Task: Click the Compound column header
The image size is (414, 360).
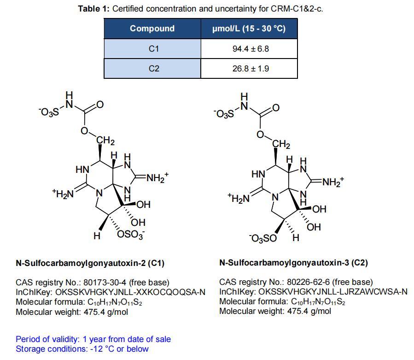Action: [152, 29]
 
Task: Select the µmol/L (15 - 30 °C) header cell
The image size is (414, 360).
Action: [249, 29]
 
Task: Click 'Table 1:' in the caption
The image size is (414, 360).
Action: [94, 9]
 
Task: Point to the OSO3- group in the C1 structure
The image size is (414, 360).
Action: [131, 235]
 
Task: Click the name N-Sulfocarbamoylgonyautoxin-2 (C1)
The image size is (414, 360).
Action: [90, 263]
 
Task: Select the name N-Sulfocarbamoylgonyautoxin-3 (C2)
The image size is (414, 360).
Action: [293, 263]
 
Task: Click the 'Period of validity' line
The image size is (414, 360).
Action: [93, 339]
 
